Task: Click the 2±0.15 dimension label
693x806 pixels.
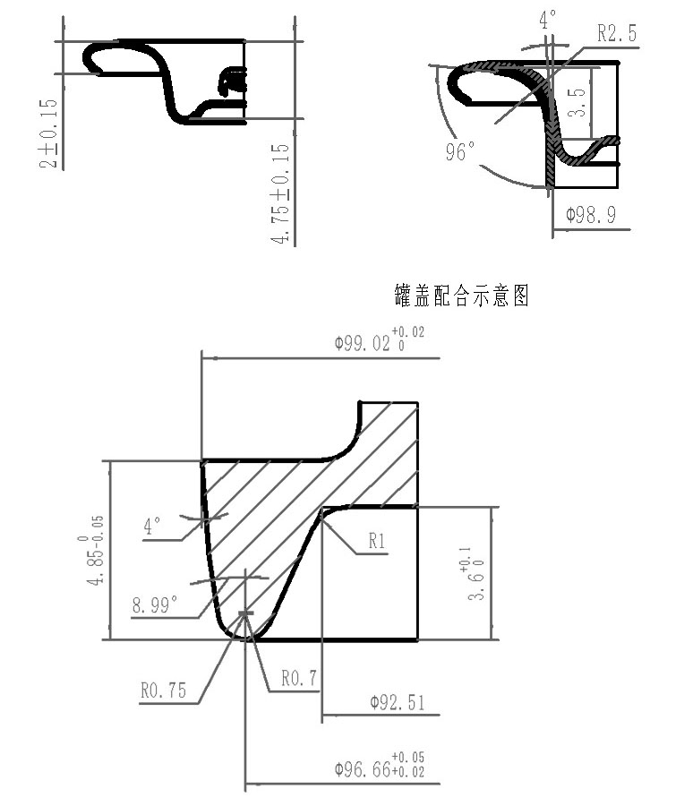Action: [x=50, y=133]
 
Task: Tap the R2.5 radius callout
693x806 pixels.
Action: [x=617, y=34]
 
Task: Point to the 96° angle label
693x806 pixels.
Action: [x=459, y=153]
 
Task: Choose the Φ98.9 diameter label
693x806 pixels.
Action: [x=589, y=216]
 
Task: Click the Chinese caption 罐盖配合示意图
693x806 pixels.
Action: [x=461, y=296]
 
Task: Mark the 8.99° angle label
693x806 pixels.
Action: [x=154, y=605]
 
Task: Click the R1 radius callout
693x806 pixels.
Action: [x=377, y=541]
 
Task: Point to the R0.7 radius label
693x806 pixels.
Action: [x=300, y=679]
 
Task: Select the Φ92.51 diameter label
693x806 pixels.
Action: [x=397, y=702]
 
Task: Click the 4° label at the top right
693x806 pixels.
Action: [x=547, y=19]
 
